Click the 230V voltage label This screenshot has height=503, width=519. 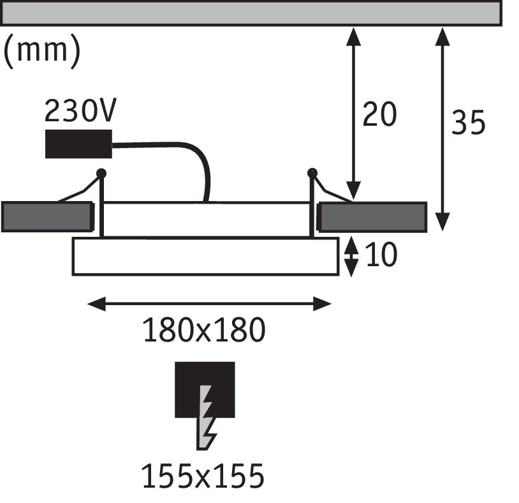(x=80, y=112)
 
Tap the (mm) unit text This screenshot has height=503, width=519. (x=42, y=52)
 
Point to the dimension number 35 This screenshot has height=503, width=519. (x=469, y=123)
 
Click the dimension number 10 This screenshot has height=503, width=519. (x=382, y=255)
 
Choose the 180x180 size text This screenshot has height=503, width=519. (x=203, y=331)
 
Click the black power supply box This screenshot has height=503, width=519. (x=78, y=144)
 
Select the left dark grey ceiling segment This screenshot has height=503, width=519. (x=47, y=217)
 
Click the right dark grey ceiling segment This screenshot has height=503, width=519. (x=373, y=217)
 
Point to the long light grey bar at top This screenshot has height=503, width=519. (x=252, y=13)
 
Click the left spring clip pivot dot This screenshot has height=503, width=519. (x=101, y=172)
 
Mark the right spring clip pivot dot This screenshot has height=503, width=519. (x=312, y=172)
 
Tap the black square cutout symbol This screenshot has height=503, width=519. (x=205, y=389)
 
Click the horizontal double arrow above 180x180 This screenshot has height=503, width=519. (x=209, y=304)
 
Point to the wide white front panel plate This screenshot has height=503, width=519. (x=205, y=257)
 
